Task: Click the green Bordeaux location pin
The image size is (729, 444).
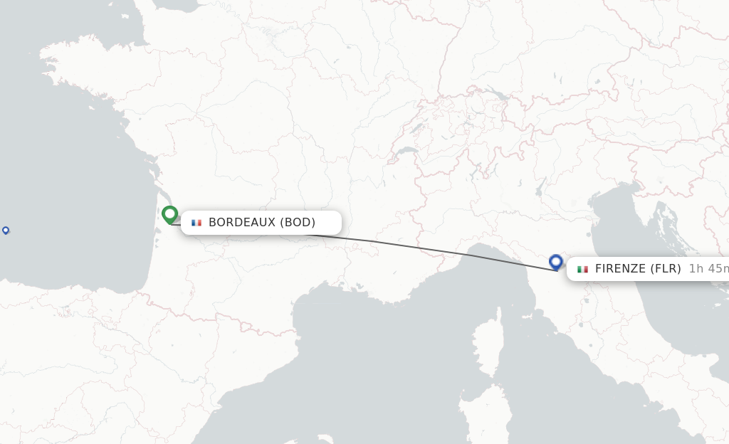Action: click(x=169, y=213)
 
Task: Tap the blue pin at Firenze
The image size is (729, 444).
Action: click(x=556, y=262)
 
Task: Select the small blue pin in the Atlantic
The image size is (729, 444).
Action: click(x=6, y=230)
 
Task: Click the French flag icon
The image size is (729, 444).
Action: click(x=196, y=223)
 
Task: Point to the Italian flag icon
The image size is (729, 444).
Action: click(x=582, y=269)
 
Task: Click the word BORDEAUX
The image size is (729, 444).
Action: click(x=241, y=223)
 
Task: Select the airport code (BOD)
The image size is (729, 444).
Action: click(x=298, y=223)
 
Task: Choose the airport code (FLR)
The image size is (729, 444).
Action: click(x=666, y=269)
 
